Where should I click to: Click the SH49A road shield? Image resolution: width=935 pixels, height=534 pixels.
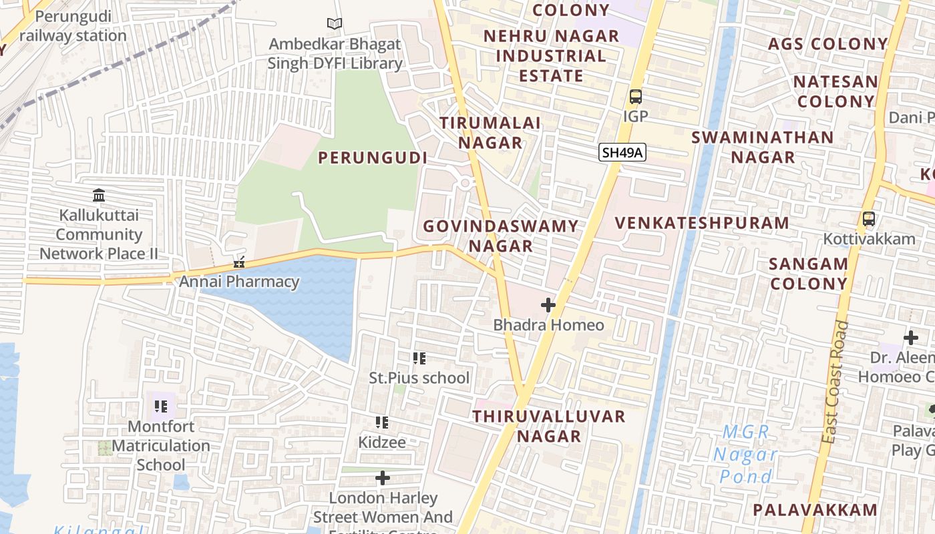click(x=622, y=153)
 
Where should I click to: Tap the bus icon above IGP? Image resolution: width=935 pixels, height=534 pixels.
click(x=635, y=97)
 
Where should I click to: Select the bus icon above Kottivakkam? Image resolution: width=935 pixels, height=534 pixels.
click(x=869, y=219)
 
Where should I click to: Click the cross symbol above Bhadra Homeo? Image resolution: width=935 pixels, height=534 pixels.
click(x=548, y=306)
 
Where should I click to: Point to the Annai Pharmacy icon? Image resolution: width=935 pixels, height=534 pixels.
click(x=239, y=262)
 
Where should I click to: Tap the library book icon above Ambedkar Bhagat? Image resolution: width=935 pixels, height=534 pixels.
click(x=335, y=24)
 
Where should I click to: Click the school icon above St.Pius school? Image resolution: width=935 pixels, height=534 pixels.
click(x=419, y=358)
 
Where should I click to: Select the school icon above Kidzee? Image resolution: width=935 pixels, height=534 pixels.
click(x=382, y=423)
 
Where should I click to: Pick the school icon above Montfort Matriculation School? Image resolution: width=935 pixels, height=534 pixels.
click(x=161, y=406)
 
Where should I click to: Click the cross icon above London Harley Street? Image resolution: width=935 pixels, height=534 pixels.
click(x=383, y=478)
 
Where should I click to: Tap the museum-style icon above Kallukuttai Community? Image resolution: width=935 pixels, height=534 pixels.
click(x=99, y=196)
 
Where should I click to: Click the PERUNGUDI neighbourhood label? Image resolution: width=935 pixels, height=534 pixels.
click(x=372, y=158)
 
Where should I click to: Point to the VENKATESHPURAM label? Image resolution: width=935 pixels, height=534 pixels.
click(x=702, y=223)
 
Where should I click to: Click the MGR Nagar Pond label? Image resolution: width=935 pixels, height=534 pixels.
click(x=746, y=455)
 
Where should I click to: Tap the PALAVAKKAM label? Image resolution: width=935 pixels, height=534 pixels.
click(x=815, y=510)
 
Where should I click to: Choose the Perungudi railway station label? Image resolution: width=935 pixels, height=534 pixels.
click(x=73, y=26)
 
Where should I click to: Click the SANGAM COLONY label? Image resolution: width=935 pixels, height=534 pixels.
click(x=808, y=273)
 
